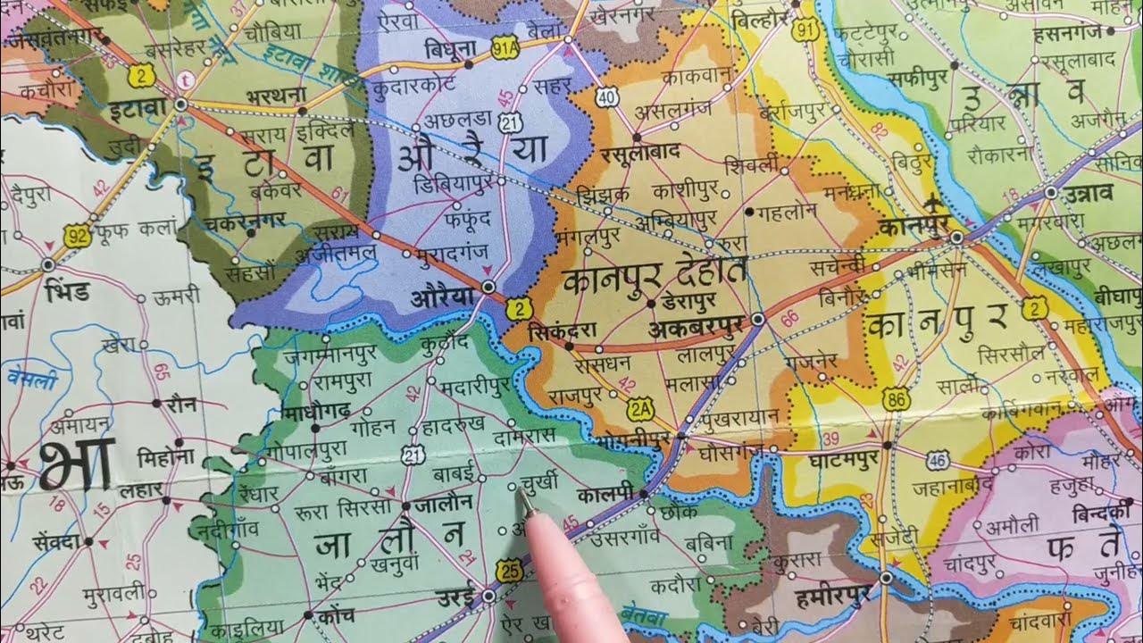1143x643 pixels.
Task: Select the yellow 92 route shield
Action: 78,238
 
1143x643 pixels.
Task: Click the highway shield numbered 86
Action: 896,399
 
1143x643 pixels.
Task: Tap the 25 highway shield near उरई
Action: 509,571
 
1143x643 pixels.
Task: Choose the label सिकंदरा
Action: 562,329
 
